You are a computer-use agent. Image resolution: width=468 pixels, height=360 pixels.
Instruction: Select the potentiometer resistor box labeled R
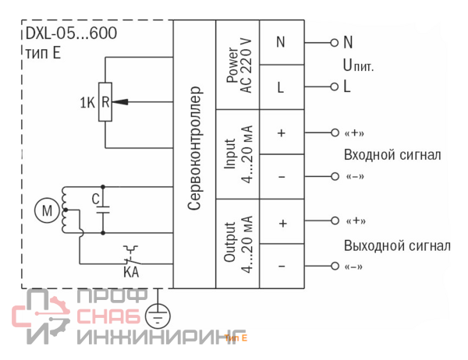point(104,101)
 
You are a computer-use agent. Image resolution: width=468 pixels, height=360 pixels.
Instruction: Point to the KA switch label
point(131,272)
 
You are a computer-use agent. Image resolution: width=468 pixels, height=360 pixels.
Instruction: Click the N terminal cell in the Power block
point(281,42)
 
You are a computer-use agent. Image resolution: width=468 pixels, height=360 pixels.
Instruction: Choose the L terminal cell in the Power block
point(281,87)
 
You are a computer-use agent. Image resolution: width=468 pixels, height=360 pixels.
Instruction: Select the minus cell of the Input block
point(281,177)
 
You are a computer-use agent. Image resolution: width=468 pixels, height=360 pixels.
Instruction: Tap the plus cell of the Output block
point(281,222)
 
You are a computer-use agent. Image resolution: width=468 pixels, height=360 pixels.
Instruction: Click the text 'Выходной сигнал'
point(396,245)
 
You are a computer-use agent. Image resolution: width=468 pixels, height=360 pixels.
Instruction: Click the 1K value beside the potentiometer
point(87,101)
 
